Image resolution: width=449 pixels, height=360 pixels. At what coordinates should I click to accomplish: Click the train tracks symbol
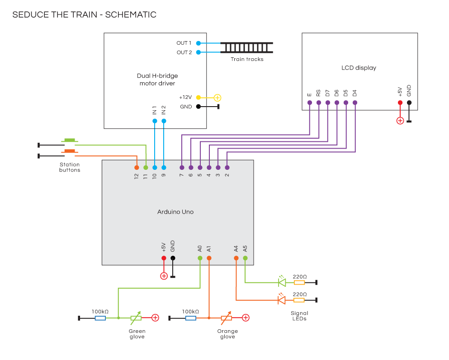tap(247, 47)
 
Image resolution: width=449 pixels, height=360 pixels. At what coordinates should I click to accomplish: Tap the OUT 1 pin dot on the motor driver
tap(198, 43)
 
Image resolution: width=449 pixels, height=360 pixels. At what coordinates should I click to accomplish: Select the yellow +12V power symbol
tap(217, 98)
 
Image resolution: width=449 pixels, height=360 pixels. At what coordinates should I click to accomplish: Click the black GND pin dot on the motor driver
tap(198, 107)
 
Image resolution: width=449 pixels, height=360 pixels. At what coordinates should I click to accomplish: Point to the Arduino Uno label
tap(175, 212)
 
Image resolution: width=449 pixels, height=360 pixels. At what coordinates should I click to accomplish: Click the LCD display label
tap(359, 68)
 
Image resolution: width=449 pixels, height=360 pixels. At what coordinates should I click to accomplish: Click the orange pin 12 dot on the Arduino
tap(137, 168)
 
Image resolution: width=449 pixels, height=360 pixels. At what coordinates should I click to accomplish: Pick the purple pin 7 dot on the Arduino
tap(182, 168)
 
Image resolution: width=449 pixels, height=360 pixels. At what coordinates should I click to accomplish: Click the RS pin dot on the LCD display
tap(318, 103)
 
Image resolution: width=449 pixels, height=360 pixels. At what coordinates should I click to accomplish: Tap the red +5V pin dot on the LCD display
tap(400, 103)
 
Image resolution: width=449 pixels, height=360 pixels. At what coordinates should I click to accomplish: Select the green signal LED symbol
tap(282, 283)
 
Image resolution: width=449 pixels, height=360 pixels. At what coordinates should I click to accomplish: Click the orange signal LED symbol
tap(282, 300)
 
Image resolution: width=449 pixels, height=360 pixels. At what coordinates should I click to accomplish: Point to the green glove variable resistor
tap(136, 318)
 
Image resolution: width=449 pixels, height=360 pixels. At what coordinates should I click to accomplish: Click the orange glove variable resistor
tap(226, 318)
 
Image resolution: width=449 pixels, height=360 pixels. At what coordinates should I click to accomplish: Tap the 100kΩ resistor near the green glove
tap(100, 318)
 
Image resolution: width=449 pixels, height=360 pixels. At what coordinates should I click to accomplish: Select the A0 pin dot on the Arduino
tap(200, 258)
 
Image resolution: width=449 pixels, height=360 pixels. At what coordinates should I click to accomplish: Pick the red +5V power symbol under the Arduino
tap(164, 276)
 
